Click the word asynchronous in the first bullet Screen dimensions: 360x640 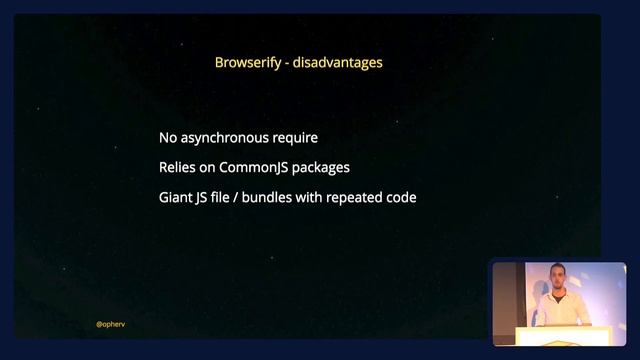[x=228, y=138]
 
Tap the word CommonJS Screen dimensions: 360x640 [x=254, y=167]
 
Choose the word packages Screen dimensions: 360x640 [x=321, y=167]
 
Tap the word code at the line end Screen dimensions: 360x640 [x=403, y=197]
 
